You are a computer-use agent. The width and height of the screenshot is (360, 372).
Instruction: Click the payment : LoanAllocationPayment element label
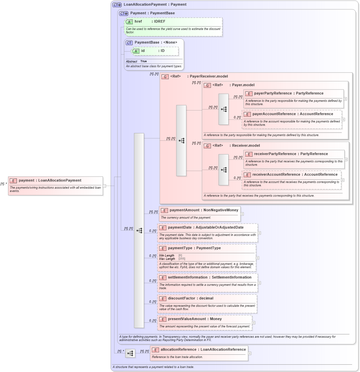tap(50, 180)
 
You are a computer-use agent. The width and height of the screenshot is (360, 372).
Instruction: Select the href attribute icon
tap(129, 22)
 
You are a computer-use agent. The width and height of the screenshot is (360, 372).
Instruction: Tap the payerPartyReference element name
tap(288, 93)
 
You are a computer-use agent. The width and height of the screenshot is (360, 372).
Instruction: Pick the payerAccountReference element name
tap(292, 114)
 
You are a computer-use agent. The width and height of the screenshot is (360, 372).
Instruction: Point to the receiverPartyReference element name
tap(291, 154)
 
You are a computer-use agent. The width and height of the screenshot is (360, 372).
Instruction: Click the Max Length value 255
tap(182, 259)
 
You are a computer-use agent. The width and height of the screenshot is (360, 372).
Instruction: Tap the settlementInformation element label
tap(210, 277)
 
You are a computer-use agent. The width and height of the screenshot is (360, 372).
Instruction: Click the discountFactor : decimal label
tap(190, 298)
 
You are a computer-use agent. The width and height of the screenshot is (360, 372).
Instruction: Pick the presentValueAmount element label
tap(195, 319)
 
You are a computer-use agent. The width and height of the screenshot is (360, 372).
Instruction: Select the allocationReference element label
tap(203, 349)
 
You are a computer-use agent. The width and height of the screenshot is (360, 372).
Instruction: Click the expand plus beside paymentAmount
tap(242, 214)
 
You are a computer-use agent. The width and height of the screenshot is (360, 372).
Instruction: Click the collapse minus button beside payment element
tap(104, 186)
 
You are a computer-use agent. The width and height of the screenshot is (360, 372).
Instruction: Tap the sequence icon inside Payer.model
tap(224, 109)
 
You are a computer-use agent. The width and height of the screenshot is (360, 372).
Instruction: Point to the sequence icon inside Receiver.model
tap(224, 170)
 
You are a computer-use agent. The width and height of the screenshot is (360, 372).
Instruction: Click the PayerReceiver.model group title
tap(209, 76)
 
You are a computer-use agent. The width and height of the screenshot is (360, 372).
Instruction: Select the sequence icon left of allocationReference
tap(130, 353)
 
